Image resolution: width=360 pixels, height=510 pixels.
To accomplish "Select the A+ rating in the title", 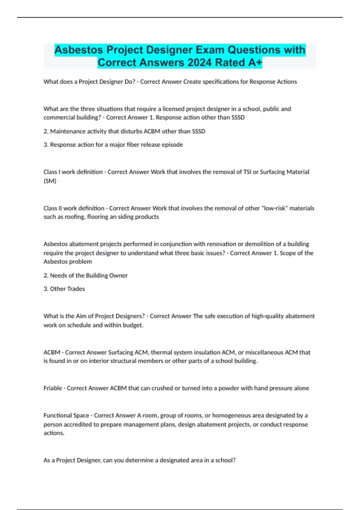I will tap(255, 63).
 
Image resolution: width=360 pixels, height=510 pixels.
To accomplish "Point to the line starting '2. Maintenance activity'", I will tap(124, 131).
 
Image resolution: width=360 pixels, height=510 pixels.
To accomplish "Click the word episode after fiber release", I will tap(172, 145).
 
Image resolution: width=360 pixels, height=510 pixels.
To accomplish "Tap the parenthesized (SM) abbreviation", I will tap(50, 181).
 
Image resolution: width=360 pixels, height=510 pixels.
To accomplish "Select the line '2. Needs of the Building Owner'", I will tap(85, 275).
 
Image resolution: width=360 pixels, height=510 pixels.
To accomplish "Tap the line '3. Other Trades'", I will tap(64, 289).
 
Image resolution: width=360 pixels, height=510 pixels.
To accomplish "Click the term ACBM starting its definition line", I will tap(52, 352).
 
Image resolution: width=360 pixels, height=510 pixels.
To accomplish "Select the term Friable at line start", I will tap(53, 388).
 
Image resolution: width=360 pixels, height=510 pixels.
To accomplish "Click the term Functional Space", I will tap(66, 415).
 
